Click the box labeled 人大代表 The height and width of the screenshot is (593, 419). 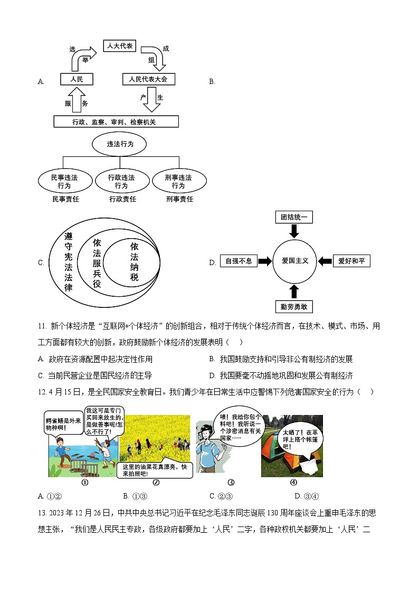(120, 46)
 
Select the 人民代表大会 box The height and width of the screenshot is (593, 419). (148, 79)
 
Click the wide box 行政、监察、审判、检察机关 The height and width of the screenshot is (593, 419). (116, 122)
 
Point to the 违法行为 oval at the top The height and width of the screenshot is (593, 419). (119, 144)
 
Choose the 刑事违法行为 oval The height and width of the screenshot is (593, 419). (178, 181)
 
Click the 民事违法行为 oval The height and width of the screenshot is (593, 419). (64, 181)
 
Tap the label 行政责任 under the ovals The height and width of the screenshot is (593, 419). (122, 199)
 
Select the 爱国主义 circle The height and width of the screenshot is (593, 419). (294, 261)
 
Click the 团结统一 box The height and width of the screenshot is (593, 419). (294, 217)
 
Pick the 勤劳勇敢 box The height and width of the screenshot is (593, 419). (294, 306)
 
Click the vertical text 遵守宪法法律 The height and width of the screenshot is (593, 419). (68, 262)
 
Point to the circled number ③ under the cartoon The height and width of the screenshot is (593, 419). (231, 482)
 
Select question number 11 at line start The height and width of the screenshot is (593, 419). (42, 327)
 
